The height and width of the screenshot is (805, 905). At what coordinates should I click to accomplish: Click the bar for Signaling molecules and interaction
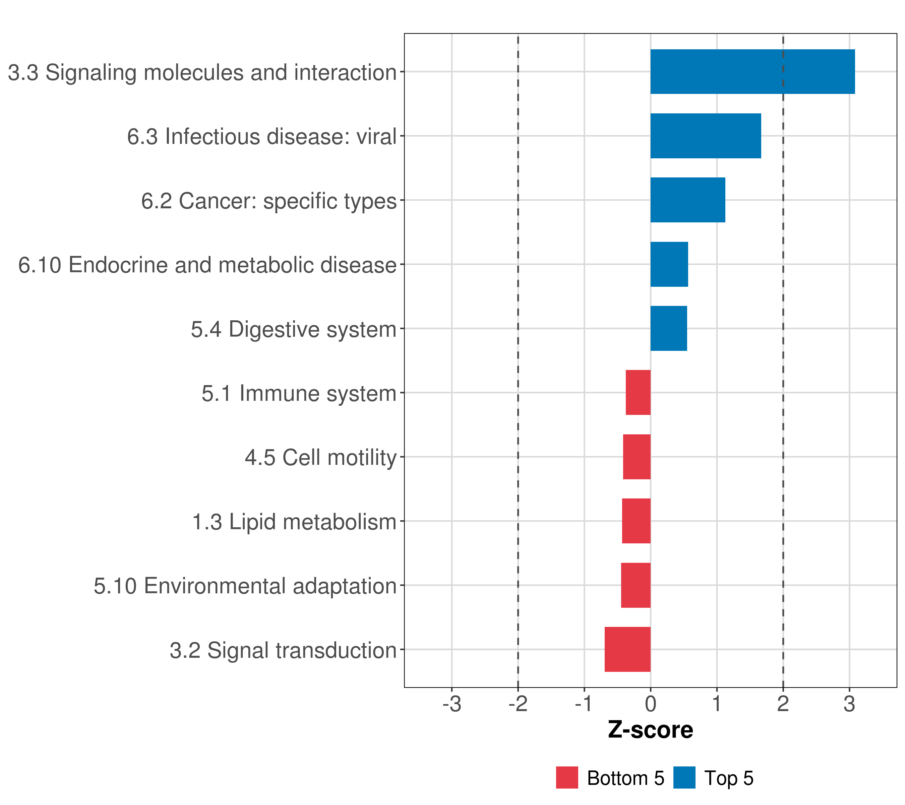coord(752,72)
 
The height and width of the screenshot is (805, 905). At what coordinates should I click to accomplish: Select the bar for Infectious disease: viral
coord(705,136)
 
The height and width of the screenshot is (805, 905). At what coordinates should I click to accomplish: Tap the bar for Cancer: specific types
coord(687,200)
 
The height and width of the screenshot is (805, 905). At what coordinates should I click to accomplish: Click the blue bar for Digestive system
coord(669,328)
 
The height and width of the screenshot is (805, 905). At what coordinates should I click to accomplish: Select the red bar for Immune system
coord(638,392)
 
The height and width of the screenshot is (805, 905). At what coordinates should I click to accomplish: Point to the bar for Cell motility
coord(637,457)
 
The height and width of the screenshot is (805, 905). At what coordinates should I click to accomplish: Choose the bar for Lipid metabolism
coord(636,521)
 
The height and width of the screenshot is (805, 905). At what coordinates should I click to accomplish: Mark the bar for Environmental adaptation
coord(636,585)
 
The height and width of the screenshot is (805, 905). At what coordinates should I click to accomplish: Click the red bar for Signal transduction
coord(627,649)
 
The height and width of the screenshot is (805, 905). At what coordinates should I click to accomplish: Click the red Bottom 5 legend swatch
coord(567,777)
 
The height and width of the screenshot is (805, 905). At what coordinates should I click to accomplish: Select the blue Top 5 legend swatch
coord(684,777)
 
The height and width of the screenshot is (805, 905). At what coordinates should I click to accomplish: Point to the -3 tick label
coord(451,704)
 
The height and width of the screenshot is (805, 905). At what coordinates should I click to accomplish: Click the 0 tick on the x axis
coord(650,704)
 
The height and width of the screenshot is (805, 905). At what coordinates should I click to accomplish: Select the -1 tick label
coord(584,704)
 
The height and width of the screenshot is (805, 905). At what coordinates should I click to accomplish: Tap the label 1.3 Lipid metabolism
coord(294,522)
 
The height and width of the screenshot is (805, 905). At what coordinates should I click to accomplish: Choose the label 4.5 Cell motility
coord(320,458)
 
